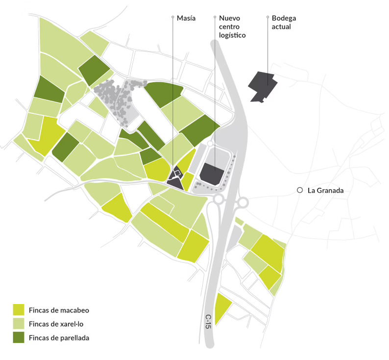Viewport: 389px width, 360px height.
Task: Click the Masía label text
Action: pos(186,18)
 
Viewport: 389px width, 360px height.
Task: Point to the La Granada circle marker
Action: pos(300,190)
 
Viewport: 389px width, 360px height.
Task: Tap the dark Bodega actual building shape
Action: pos(263,86)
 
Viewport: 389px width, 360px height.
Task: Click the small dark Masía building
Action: pos(175,177)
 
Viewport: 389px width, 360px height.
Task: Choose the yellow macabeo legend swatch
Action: pos(19,309)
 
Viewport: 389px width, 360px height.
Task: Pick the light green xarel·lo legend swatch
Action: pos(19,323)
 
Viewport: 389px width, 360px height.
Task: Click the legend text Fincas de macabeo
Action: pos(59,309)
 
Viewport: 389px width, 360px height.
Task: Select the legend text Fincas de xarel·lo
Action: pos(58,323)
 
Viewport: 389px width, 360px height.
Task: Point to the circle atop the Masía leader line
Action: pos(172,18)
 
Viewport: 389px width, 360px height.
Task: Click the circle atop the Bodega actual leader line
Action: pos(267,18)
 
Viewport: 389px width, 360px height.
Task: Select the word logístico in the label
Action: pos(232,35)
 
